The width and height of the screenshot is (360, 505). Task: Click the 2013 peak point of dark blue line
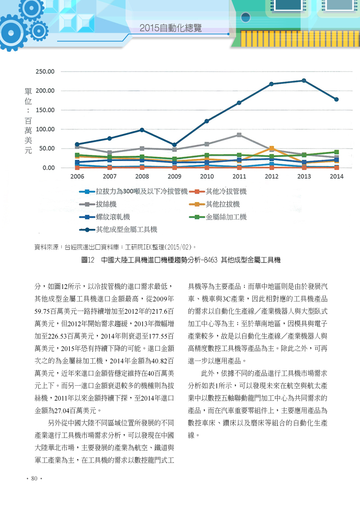304,80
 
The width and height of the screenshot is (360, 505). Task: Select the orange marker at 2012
271,149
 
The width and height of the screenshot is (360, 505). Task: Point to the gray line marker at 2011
239,135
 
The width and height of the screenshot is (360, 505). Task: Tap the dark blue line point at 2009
174,145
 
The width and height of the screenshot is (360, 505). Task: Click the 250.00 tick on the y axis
45,72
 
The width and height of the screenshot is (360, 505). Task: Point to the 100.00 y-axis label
45,129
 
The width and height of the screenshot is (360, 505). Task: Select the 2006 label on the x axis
77,176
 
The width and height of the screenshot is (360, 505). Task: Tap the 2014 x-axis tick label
337,176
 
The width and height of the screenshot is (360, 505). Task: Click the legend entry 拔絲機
98,204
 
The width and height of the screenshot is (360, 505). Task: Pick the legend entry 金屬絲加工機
218,217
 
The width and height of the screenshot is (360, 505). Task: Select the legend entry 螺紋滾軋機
105,217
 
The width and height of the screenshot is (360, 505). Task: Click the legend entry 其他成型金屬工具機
118,230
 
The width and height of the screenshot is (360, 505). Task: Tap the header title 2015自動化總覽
171,28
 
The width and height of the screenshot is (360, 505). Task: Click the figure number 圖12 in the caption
88,260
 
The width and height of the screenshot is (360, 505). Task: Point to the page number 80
34,478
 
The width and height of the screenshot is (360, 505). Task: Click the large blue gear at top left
12,32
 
